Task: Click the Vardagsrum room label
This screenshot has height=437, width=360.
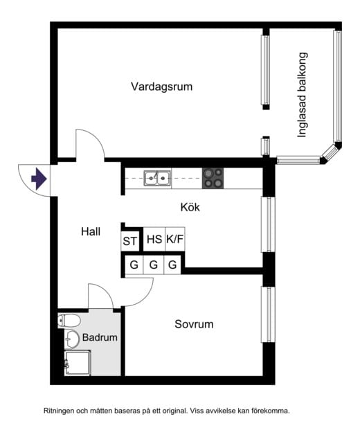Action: click(161, 87)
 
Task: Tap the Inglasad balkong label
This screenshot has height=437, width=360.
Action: click(302, 95)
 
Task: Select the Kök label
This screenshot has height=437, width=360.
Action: click(190, 206)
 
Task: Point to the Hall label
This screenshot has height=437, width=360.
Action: click(91, 232)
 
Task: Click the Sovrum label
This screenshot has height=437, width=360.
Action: click(194, 324)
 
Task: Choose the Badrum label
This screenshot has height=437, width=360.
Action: click(100, 338)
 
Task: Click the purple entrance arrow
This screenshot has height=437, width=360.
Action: click(39, 180)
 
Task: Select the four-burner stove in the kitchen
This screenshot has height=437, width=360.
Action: click(213, 178)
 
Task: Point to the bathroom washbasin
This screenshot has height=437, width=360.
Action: click(71, 339)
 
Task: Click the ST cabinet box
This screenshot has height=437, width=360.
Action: click(130, 241)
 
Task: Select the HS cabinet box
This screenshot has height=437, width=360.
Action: click(154, 240)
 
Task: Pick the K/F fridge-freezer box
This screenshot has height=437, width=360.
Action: click(175, 240)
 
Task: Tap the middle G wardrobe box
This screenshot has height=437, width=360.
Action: click(154, 265)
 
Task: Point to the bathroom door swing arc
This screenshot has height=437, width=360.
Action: click(104, 294)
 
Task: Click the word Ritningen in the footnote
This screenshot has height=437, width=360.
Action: click(61, 410)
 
